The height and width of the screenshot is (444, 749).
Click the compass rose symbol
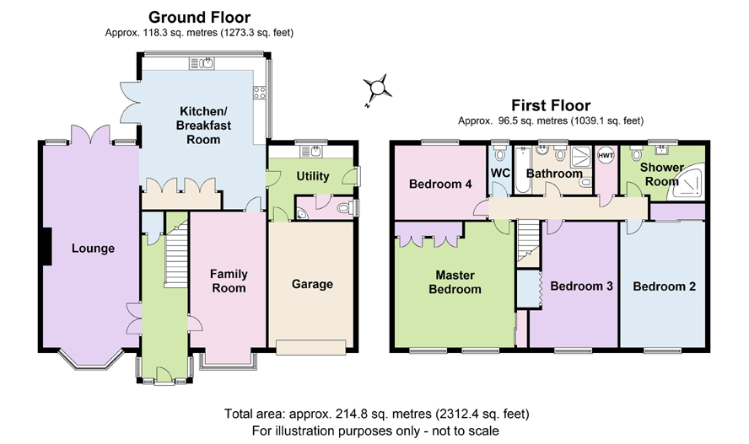377,88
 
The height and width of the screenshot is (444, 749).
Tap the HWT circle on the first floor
606,156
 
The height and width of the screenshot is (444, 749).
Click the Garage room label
312,284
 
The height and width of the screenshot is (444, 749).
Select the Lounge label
93,249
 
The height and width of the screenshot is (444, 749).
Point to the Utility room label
313,176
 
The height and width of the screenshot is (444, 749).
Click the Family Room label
229,281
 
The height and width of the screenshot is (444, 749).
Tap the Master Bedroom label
455,282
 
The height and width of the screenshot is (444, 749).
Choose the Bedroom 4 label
440,184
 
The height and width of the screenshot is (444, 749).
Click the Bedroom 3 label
581,286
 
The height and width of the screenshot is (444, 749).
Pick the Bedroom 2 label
664,286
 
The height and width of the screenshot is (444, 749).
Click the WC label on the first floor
500,173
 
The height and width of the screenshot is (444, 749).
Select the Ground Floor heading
199,18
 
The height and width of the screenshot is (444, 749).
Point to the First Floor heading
551,105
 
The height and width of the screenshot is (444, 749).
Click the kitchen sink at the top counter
202,63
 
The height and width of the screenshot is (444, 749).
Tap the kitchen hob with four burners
260,93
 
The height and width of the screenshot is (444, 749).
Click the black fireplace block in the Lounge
47,246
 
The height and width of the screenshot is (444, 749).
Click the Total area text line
376,414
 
